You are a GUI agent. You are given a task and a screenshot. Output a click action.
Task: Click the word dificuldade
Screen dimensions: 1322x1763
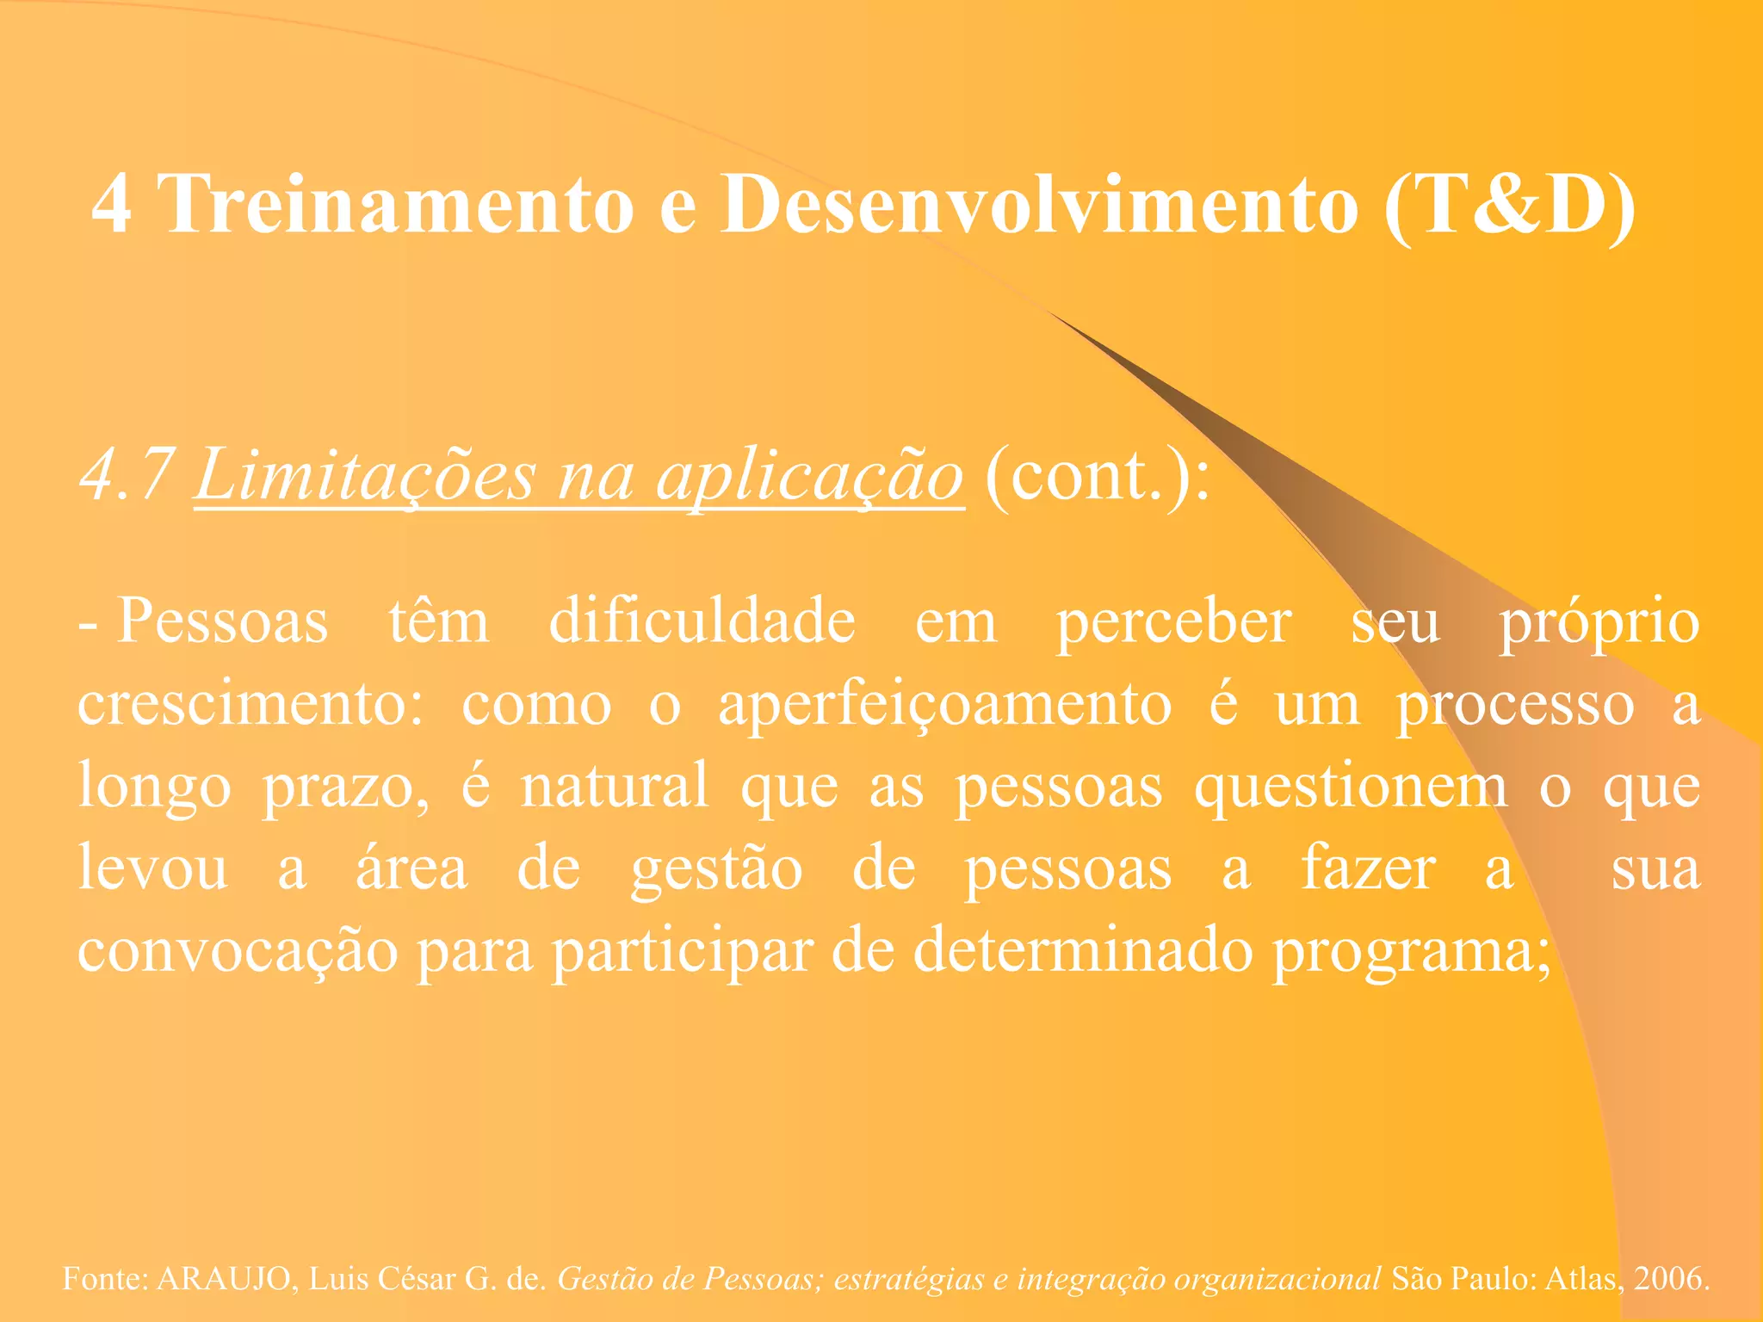click(x=702, y=621)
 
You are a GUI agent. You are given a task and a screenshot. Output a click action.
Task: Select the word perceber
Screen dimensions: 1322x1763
click(x=1174, y=622)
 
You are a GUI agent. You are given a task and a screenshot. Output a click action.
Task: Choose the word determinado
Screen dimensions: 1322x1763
click(x=1083, y=951)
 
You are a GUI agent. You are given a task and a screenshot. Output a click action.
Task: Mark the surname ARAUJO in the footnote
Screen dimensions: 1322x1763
click(x=224, y=1279)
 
